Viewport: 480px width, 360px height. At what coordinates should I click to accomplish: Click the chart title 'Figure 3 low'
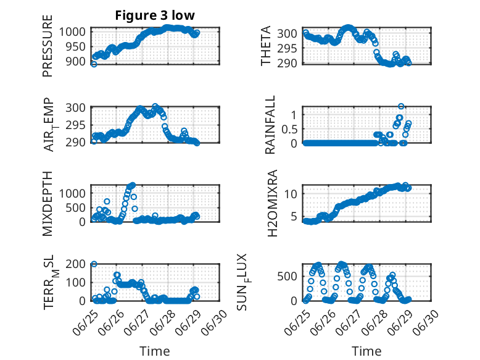[x=155, y=15]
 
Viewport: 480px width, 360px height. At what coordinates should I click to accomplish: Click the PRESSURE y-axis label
[x=48, y=46]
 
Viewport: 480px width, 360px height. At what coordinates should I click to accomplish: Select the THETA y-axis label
[x=266, y=46]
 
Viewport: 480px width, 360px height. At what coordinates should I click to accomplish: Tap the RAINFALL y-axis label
[x=270, y=125]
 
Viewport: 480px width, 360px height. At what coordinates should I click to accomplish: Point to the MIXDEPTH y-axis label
[x=48, y=204]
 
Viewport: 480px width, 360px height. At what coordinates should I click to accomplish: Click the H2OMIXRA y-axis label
[x=272, y=203]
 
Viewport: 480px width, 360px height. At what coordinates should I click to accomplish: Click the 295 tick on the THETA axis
[x=287, y=48]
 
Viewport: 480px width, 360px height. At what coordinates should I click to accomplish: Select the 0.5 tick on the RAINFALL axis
[x=289, y=129]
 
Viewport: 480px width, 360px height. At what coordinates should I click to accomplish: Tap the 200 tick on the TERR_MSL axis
[x=75, y=264]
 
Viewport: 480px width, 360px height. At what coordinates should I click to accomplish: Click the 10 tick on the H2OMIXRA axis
[x=291, y=194]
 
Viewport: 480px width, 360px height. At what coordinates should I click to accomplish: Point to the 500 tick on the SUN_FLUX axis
[x=287, y=277]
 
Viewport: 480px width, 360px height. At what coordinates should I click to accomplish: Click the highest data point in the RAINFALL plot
[x=401, y=106]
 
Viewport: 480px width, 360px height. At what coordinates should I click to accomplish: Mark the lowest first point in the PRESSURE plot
[x=94, y=64]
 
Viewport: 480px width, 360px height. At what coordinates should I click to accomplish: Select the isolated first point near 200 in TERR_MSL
[x=94, y=264]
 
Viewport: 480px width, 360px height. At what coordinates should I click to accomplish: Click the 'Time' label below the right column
[x=366, y=351]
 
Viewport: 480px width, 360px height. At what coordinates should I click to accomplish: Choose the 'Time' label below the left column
[x=155, y=351]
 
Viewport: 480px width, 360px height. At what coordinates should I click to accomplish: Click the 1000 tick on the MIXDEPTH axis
[x=72, y=194]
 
